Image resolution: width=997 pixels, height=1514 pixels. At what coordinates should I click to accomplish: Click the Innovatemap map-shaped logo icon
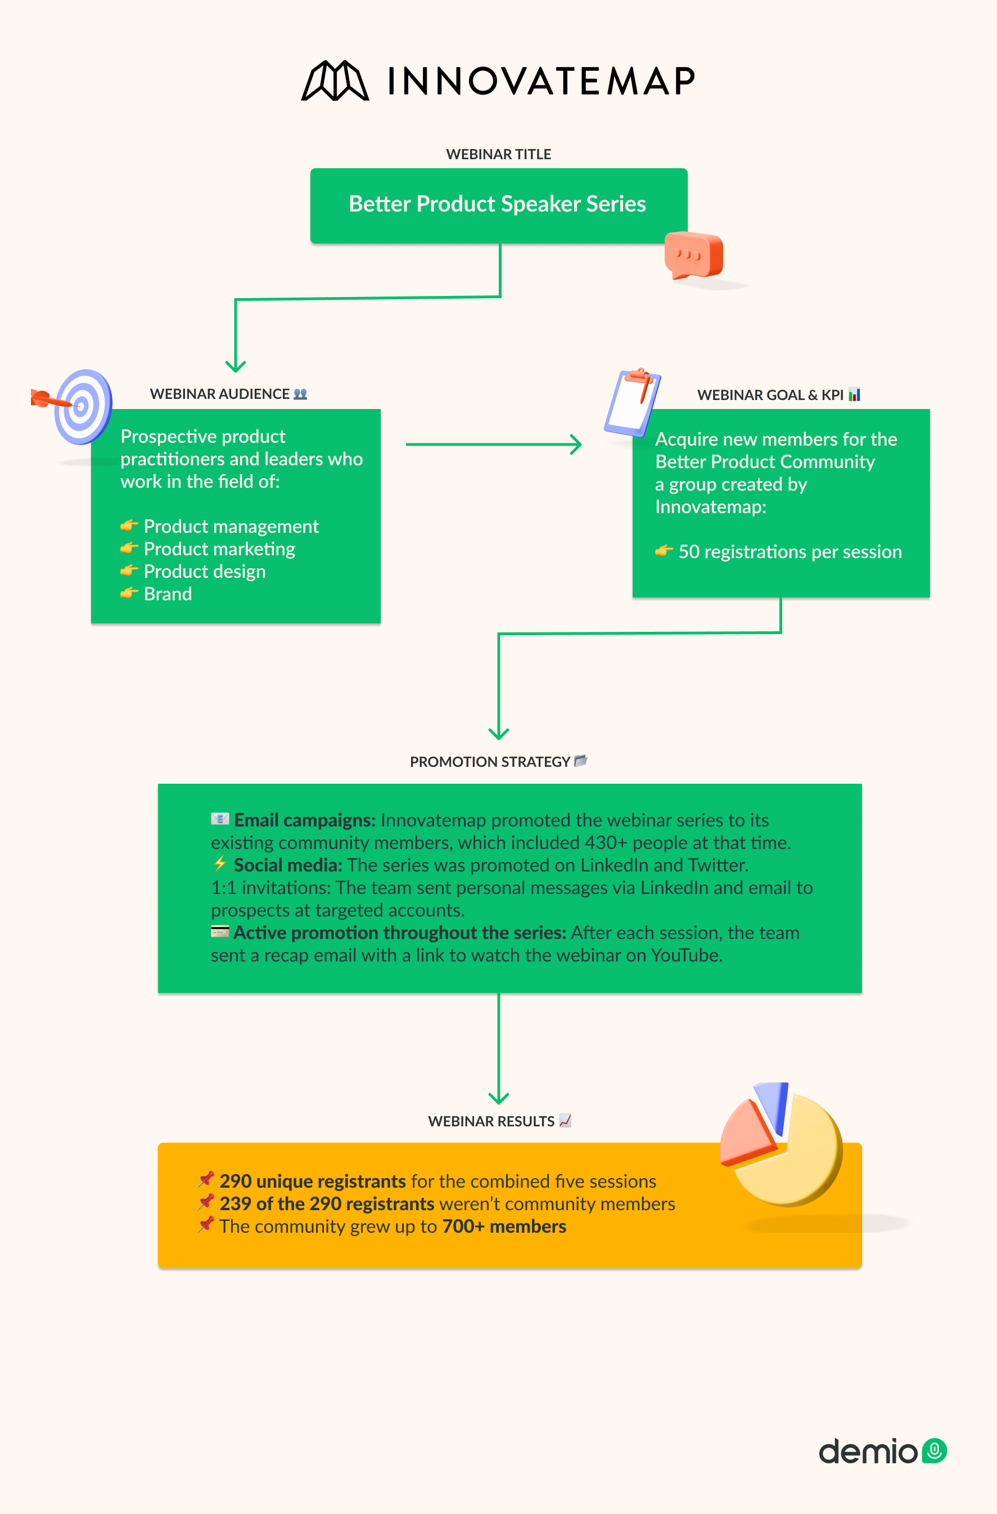click(335, 81)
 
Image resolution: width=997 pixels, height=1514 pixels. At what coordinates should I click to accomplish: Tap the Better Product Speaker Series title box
click(498, 205)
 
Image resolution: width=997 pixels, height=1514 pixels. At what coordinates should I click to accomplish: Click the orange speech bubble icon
click(693, 255)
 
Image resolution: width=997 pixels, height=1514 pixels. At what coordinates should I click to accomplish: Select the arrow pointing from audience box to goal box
click(493, 444)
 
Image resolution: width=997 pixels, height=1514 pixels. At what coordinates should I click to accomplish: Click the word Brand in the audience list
click(168, 594)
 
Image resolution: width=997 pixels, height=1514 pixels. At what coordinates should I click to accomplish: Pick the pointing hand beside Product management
click(129, 525)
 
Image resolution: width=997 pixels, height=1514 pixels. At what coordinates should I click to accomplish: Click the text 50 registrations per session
click(790, 551)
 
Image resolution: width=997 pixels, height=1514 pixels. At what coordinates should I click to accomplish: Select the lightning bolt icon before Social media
click(220, 864)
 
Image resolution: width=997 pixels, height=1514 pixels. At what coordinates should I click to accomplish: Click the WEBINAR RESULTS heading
click(491, 1121)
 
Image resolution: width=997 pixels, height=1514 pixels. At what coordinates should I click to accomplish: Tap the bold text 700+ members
click(504, 1226)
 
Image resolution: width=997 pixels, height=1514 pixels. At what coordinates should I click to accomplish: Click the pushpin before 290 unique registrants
click(205, 1179)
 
